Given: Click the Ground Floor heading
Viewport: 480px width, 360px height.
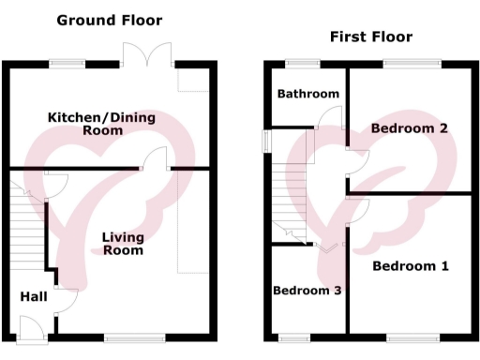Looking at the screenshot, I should [x=109, y=20].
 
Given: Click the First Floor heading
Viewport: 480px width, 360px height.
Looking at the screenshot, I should [x=370, y=37].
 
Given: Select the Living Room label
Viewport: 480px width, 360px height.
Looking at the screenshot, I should [x=123, y=244].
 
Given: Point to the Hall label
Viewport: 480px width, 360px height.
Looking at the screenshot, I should [x=34, y=296].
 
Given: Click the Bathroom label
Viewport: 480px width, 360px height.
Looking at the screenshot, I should [x=307, y=94].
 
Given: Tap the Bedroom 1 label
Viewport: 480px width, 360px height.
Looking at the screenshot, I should [x=410, y=266].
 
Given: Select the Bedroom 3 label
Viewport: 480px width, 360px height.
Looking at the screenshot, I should [x=306, y=291].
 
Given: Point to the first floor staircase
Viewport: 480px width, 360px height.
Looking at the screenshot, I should [x=284, y=187].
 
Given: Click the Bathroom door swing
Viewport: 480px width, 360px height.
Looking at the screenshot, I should [x=329, y=116].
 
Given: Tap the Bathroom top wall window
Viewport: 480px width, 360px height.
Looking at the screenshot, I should [x=302, y=64].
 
